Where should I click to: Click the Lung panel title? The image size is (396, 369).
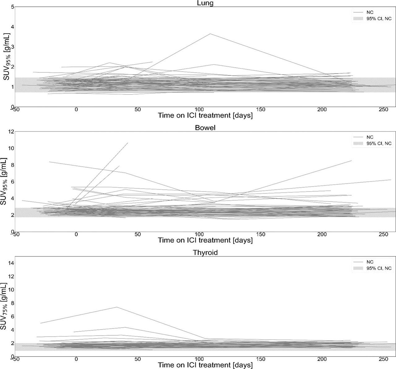205,3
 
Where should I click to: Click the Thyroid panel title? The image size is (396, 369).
205,253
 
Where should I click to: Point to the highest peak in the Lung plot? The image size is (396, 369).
210,34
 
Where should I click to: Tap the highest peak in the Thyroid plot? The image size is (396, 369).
117,307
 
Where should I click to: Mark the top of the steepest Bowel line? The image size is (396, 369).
127,143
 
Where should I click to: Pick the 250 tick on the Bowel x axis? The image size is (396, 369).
383,234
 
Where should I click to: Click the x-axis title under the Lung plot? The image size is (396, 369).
205,116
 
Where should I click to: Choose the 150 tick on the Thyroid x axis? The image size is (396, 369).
260,359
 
